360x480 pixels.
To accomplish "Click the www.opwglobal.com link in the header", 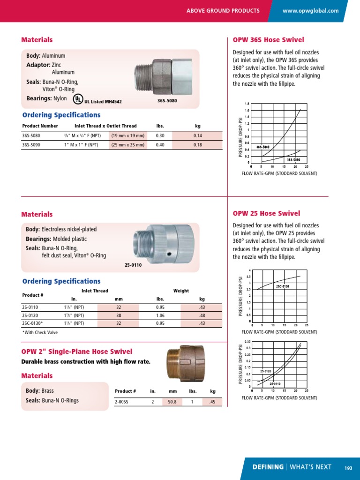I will point(311,11).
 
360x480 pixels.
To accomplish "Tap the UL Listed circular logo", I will point(77,99).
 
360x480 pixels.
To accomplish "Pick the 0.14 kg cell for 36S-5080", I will point(197,135).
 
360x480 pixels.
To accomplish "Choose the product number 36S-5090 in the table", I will point(31,145).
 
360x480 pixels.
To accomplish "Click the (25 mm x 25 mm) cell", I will point(127,145).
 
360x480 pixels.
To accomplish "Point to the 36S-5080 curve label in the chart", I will point(263,147).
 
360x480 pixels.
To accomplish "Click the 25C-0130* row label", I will point(32,323).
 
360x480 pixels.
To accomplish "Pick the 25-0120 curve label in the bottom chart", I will point(266,371).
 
